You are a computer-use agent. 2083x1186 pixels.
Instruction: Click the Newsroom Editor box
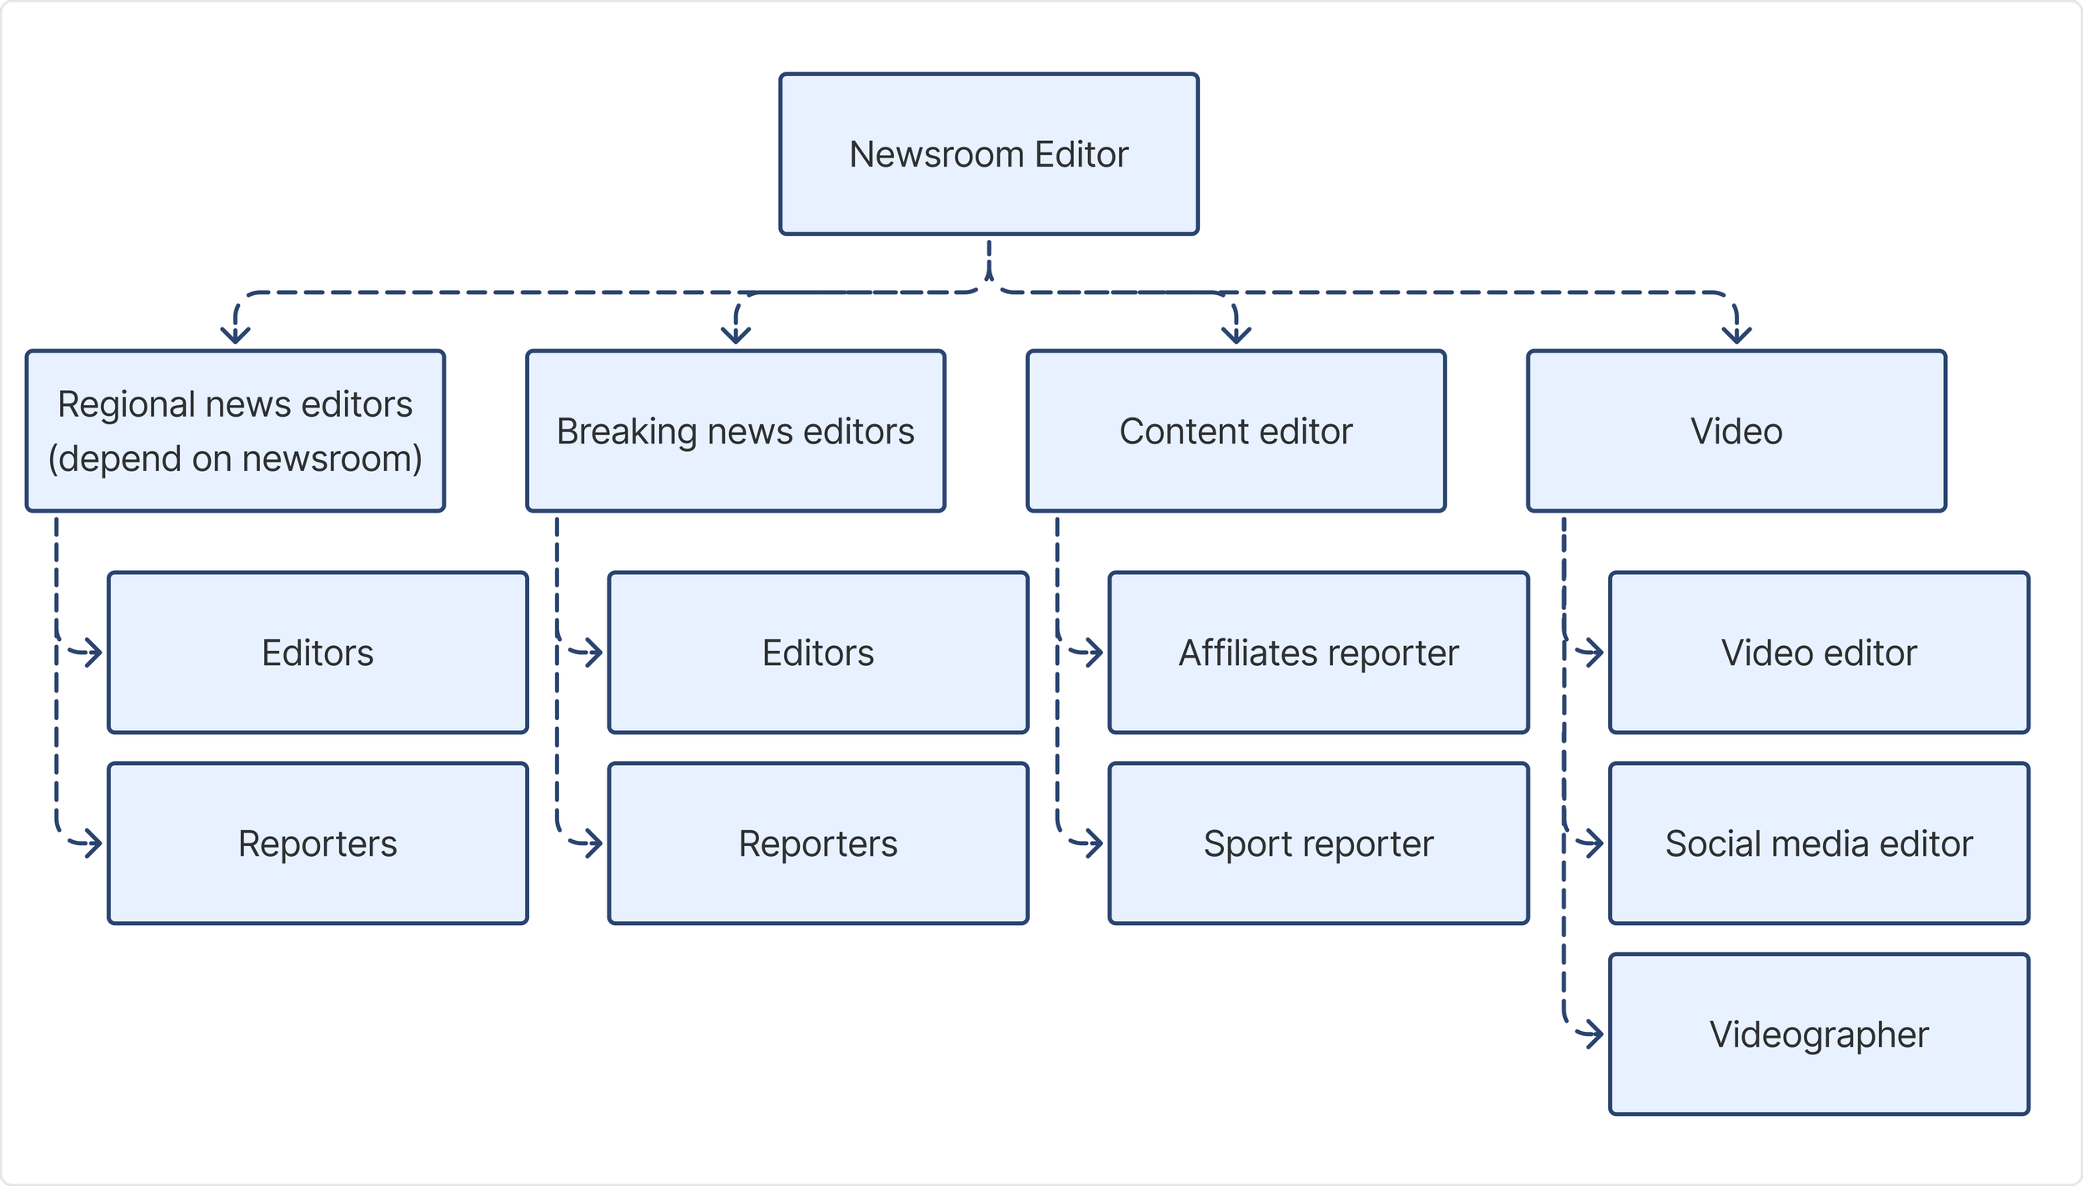point(989,154)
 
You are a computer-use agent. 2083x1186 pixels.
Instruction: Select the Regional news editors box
point(235,431)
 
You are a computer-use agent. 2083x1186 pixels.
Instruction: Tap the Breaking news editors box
point(736,431)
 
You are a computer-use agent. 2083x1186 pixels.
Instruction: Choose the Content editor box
point(1236,431)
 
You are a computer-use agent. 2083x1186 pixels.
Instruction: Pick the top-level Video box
point(1737,431)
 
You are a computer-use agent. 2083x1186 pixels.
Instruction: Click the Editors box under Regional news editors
point(318,653)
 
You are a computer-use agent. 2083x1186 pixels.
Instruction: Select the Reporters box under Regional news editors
point(318,843)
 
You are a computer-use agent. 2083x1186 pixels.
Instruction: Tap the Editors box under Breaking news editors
point(818,653)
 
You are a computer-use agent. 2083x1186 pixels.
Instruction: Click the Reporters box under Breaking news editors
point(818,843)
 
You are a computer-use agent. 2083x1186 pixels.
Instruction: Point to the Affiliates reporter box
point(1319,653)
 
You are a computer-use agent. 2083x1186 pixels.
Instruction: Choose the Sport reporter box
point(1319,843)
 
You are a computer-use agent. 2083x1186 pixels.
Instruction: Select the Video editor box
point(1820,653)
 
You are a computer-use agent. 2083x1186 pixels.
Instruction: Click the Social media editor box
point(1820,843)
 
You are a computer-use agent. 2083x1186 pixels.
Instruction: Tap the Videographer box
point(1820,1034)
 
